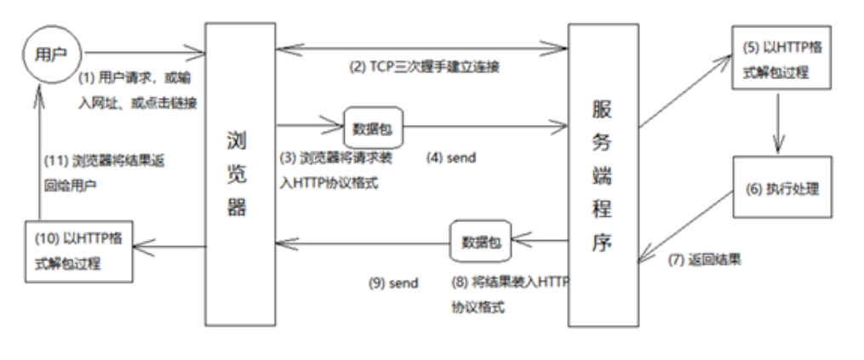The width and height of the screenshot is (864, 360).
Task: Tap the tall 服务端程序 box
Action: pos(603,174)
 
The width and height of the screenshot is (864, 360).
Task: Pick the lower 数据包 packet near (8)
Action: pos(479,241)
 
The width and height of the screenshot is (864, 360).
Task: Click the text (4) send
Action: pos(451,157)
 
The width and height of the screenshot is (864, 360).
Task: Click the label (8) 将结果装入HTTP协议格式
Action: pos(508,292)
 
